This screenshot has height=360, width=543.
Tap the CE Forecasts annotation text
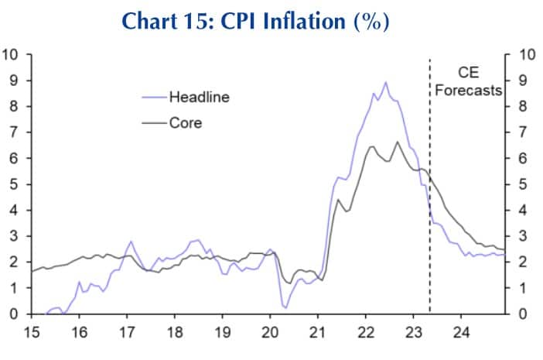[468, 82]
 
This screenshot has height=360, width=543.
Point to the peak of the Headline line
[386, 82]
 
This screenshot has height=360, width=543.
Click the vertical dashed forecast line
[429, 232]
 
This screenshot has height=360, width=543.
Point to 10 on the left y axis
[11, 54]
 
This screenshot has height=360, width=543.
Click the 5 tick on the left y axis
[14, 184]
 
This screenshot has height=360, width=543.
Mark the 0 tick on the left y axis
[14, 314]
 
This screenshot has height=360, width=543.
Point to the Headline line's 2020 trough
[285, 307]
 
